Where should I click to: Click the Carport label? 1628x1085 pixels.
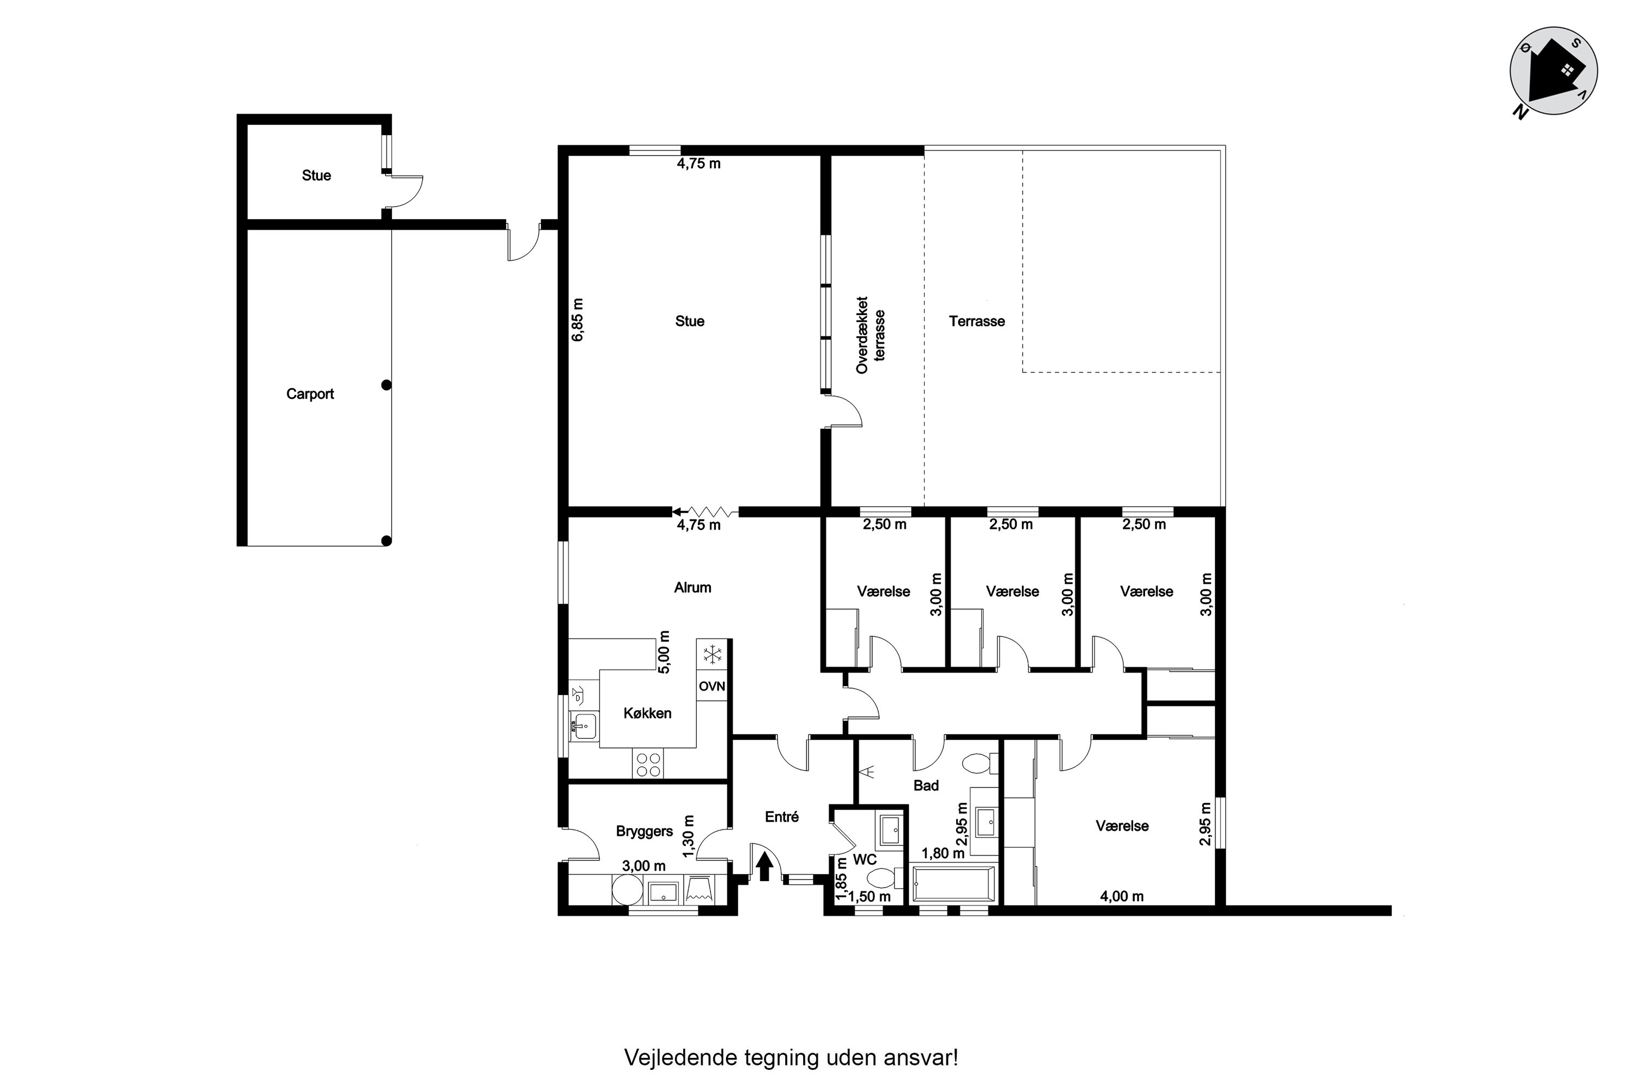310,394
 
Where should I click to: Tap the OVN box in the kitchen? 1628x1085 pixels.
711,686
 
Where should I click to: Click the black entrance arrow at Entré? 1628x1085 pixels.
764,866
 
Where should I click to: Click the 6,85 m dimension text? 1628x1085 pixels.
578,319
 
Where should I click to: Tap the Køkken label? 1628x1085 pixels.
647,713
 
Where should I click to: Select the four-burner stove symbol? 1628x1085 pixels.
648,763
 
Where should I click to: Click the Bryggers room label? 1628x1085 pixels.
645,831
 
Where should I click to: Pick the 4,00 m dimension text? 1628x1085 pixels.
1122,896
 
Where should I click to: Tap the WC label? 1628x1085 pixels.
864,859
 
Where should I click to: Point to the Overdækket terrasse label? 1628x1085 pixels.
870,335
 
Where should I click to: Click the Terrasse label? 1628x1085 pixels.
977,321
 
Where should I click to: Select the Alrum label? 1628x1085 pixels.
693,588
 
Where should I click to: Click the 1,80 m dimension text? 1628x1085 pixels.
943,853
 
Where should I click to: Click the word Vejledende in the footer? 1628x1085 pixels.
681,1057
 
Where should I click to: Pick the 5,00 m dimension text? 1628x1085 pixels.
664,652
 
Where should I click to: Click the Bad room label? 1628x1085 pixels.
926,786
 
